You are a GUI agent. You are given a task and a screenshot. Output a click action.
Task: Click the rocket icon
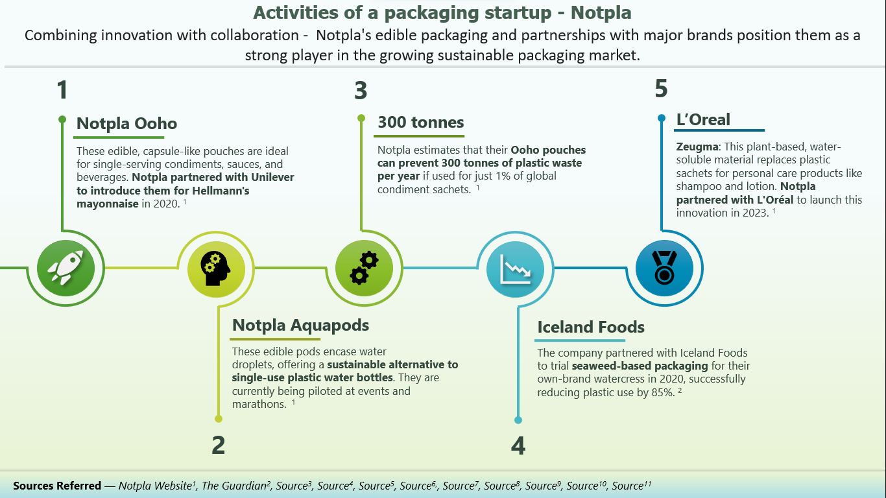pyautogui.click(x=66, y=268)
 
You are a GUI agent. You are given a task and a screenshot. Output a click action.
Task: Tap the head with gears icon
pyautogui.click(x=216, y=268)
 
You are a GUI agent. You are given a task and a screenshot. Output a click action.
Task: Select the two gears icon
pyautogui.click(x=364, y=268)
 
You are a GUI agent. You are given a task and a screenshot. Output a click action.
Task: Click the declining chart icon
pyautogui.click(x=515, y=268)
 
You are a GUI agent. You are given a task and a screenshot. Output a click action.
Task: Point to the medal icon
pyautogui.click(x=664, y=268)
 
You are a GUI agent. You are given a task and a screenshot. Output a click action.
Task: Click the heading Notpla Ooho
pyautogui.click(x=126, y=123)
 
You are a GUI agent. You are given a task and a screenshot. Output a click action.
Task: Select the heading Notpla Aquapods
pyautogui.click(x=300, y=325)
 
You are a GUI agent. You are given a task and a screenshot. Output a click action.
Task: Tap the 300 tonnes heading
pyautogui.click(x=420, y=122)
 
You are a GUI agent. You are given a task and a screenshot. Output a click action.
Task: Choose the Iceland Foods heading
pyautogui.click(x=590, y=327)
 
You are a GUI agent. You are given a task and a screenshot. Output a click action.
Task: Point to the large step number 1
pyautogui.click(x=62, y=90)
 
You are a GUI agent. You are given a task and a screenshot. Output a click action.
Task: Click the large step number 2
pyautogui.click(x=218, y=445)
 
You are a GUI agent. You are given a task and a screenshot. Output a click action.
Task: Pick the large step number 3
pyautogui.click(x=361, y=90)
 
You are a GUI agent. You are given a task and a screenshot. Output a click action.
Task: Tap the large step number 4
pyautogui.click(x=518, y=445)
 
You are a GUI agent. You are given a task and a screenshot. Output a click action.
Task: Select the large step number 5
pyautogui.click(x=661, y=89)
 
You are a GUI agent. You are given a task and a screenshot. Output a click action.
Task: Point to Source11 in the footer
pyautogui.click(x=631, y=486)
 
